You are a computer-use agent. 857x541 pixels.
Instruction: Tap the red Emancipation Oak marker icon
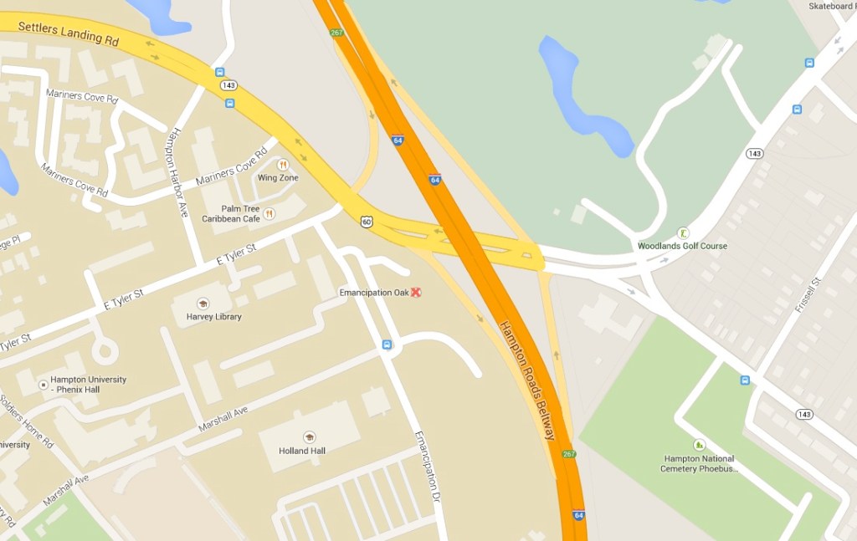coord(415,292)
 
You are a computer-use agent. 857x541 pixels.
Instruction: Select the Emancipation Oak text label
coord(373,293)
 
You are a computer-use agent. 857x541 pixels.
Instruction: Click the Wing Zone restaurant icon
coord(283,165)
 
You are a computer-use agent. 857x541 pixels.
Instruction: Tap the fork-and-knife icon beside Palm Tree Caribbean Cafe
coord(269,214)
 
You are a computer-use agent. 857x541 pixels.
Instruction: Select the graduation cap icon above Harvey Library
coord(202,304)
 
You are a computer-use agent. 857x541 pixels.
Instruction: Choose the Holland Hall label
coord(302,451)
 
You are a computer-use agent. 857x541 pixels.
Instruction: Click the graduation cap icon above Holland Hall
coord(309,437)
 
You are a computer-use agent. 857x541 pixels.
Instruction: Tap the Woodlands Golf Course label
coord(682,246)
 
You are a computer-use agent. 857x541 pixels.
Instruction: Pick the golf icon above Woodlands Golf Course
coord(683,232)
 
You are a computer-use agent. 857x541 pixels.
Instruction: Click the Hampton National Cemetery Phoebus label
coord(699,463)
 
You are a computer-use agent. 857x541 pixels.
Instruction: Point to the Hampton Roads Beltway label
coord(527,380)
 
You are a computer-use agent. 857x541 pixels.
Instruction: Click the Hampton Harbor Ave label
coord(177,172)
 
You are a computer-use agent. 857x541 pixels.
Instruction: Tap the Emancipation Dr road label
coord(428,473)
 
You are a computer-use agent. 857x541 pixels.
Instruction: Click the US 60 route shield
coord(367,222)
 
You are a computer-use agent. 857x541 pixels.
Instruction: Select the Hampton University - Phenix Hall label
coord(88,384)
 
